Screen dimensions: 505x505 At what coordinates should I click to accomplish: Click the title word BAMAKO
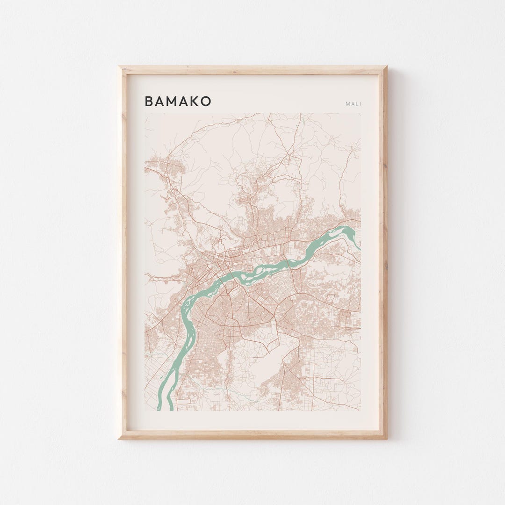coord(178,101)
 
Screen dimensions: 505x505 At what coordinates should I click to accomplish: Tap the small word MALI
coord(353,104)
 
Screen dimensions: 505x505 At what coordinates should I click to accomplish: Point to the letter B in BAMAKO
coord(149,101)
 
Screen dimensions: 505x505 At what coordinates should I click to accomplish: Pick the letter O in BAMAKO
coord(206,101)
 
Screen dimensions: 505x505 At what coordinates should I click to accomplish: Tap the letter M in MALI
coord(348,104)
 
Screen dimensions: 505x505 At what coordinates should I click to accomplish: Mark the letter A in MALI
coord(353,104)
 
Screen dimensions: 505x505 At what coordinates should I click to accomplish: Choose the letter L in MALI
coord(357,104)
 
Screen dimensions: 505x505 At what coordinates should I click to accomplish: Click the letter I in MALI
coord(360,104)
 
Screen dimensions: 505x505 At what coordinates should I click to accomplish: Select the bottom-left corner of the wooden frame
coord(119,438)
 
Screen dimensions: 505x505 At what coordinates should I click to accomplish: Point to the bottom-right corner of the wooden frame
coord(386,438)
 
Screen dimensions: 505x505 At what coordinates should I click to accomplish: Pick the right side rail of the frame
coord(382,252)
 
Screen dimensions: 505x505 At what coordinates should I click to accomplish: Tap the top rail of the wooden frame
coord(252,70)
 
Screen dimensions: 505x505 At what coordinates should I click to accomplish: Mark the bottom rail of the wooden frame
coord(252,434)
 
